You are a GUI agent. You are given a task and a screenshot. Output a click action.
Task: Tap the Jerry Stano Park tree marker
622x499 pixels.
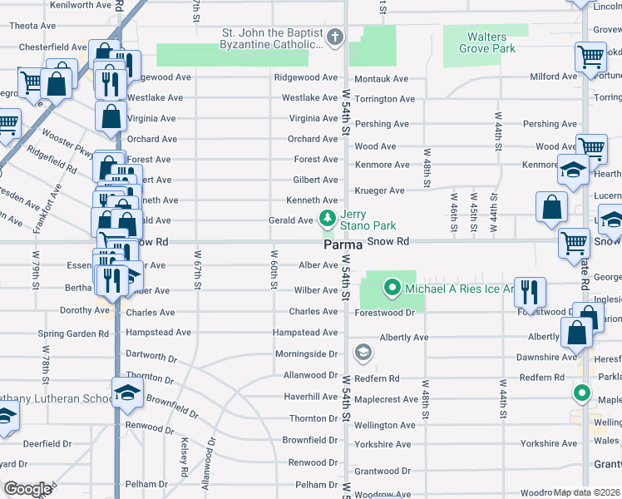tap(328, 220)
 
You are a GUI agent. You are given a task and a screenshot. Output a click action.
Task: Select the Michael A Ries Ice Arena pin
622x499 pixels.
tap(392, 289)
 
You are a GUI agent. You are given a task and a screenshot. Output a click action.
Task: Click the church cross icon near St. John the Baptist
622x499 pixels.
tap(335, 37)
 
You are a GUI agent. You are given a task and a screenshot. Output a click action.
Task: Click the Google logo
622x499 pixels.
tap(27, 489)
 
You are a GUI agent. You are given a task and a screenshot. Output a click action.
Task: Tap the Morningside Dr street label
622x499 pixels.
tap(306, 354)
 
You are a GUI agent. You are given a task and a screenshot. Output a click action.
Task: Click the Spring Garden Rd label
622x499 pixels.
tap(73, 333)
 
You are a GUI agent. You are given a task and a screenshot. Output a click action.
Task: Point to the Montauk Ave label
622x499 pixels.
tap(382, 79)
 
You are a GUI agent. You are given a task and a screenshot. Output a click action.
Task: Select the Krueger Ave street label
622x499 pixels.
tap(379, 190)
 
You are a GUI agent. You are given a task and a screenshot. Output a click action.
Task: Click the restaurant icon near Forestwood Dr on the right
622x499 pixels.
tap(529, 291)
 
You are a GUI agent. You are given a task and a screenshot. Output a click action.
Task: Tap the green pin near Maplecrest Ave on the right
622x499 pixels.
tap(582, 393)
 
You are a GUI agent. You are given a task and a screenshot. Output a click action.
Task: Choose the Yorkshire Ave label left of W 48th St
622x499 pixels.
tap(383, 444)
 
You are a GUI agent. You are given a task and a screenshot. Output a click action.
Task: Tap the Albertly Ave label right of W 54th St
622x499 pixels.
tap(403, 338)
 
